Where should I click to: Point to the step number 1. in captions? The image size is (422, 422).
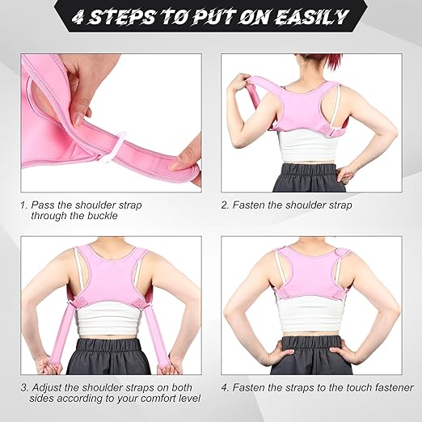point(24,205)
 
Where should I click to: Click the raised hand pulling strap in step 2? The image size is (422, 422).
point(238,83)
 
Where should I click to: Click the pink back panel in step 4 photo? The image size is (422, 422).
point(312,279)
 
